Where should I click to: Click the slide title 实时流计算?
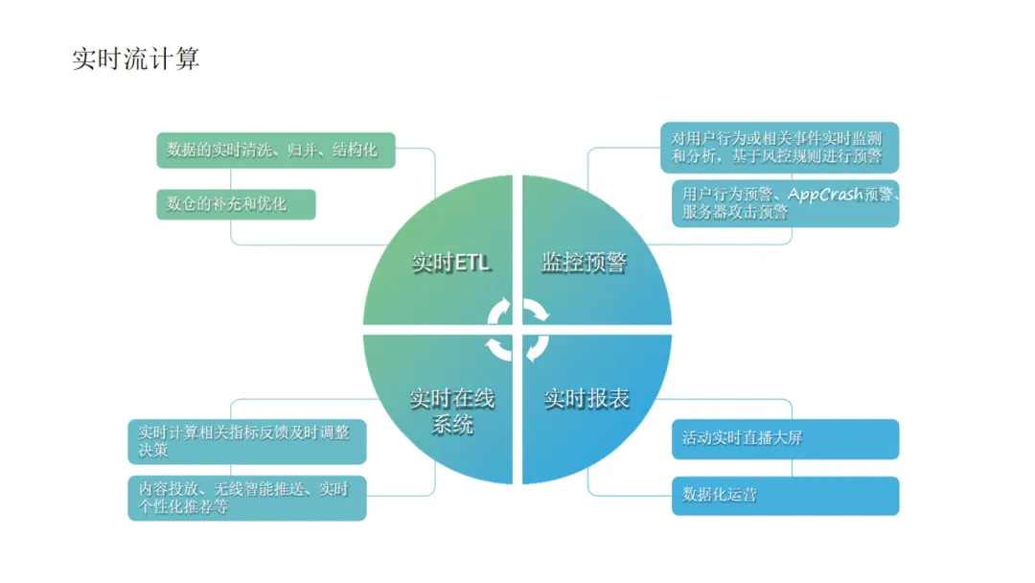coord(135,59)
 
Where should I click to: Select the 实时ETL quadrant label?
coord(450,262)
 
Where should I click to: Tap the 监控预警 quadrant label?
coord(584,262)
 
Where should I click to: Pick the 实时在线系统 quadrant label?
coord(452,410)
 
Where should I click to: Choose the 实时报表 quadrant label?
coord(586,399)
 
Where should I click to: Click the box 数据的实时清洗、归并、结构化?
coord(275,151)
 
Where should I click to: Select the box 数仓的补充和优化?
coord(236,204)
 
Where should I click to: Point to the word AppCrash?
coord(825,195)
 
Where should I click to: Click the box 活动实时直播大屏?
coord(785,438)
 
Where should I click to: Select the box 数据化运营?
coord(785,495)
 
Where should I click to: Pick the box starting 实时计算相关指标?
coord(246,441)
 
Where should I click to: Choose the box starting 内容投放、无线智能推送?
coord(246,498)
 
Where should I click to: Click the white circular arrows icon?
coord(517,329)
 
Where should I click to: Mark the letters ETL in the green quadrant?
coord(471,262)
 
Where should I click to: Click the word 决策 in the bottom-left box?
coord(154,451)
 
